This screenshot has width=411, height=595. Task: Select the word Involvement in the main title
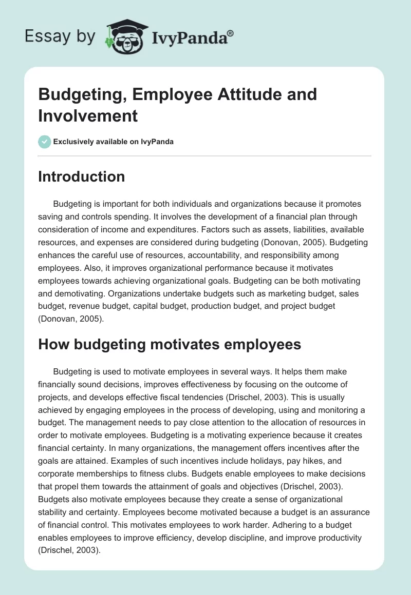88,115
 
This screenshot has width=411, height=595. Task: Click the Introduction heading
82,176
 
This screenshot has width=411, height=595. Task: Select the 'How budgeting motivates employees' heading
170,344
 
